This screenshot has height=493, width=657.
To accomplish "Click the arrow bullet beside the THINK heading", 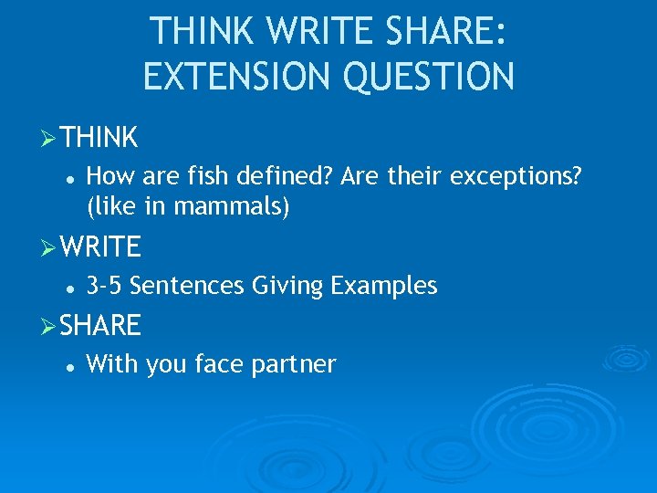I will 50,138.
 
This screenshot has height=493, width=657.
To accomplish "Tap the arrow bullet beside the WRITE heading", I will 50,246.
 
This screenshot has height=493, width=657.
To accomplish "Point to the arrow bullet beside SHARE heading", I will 50,325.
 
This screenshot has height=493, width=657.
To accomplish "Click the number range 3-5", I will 105,287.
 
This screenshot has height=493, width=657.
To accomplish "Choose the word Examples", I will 384,287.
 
